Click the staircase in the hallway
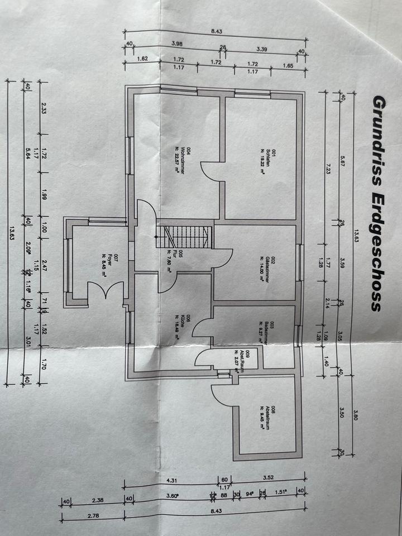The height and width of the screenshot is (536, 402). [185, 237]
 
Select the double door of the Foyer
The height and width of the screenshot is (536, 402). [105, 292]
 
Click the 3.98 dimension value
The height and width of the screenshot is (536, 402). [177, 43]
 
